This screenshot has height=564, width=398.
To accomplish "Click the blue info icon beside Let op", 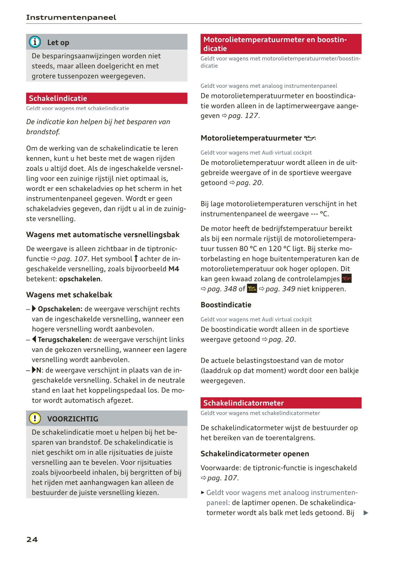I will pos(35,42).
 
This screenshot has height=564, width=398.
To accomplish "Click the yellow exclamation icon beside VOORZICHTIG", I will pos(35,418).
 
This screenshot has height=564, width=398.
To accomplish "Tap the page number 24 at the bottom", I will pos(32,539).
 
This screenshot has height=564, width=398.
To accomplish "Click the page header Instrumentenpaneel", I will pos(71,18).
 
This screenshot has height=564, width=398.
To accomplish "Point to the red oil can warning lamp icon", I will pos(346,279).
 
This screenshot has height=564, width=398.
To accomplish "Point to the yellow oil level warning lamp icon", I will pos(252,289).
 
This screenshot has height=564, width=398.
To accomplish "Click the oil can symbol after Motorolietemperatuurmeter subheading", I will pos(310,138).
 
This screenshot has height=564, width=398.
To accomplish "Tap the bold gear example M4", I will pos(174,269).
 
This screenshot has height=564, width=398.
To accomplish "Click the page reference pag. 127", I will pos(243,116).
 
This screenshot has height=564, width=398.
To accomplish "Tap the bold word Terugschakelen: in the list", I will pos(64,340).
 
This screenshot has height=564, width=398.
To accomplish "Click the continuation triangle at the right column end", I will pos(365,513).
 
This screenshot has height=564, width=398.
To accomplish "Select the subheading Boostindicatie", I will pos(226,305).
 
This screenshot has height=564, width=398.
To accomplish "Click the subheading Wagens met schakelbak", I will pos(69,295).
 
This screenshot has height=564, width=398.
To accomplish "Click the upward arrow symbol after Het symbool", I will pos(136,259).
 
